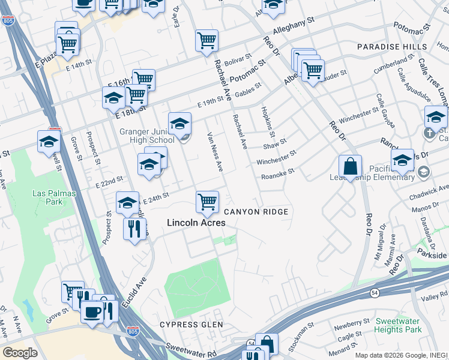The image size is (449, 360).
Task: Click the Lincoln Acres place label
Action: [196, 223]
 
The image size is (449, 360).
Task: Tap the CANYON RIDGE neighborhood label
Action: [256, 212]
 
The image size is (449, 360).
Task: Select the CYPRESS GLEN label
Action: [191, 325]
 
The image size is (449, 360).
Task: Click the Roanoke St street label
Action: [278, 173]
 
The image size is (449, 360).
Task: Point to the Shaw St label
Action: [275, 144]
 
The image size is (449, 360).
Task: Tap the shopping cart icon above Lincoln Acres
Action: [207, 202]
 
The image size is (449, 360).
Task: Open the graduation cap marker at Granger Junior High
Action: [179, 124]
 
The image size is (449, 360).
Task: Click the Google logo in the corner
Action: [20, 353]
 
